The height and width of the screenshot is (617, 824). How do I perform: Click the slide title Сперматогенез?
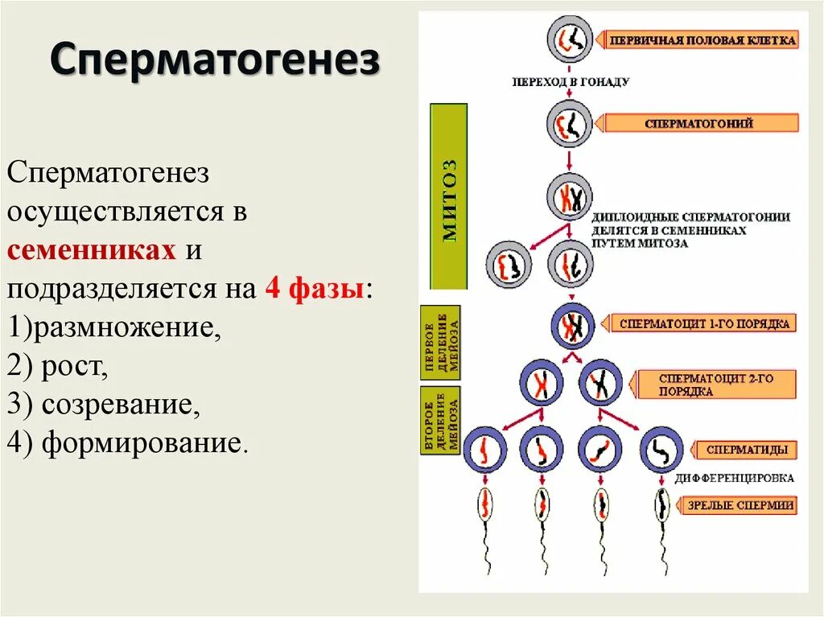tap(215, 60)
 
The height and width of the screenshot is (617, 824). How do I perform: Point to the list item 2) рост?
tap(57, 366)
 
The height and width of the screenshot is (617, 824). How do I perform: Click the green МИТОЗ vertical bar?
tap(450, 196)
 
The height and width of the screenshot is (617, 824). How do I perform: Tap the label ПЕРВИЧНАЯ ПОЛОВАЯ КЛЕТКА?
tap(701, 39)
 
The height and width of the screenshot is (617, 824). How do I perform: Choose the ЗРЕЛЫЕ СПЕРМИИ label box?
tap(740, 506)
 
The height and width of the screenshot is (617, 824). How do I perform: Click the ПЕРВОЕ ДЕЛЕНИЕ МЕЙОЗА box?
tap(441, 342)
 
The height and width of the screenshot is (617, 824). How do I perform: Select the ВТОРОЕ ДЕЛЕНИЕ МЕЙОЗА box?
tap(441, 420)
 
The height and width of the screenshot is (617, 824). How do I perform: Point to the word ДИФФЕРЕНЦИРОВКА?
tap(734, 478)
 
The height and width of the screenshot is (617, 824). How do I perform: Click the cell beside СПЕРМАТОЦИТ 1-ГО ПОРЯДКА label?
tap(572, 326)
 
